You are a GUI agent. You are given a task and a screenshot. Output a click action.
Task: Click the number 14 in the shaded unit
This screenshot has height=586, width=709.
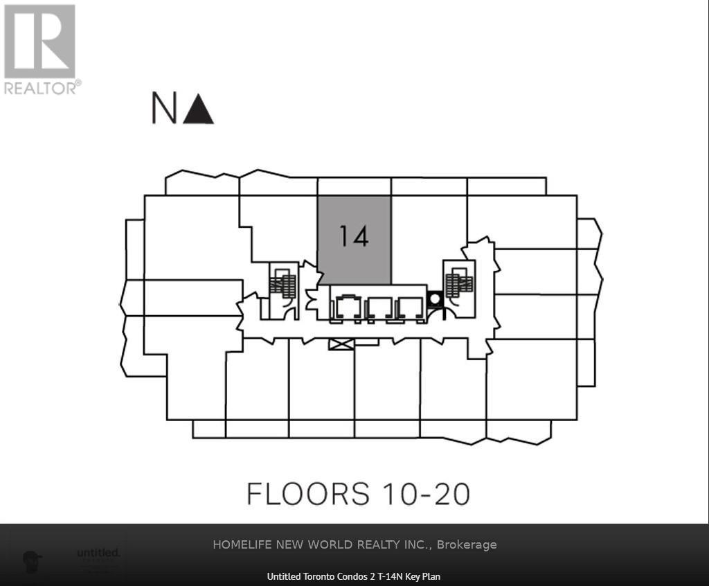[353, 237]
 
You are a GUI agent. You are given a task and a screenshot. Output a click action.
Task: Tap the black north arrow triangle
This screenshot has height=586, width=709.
[199, 110]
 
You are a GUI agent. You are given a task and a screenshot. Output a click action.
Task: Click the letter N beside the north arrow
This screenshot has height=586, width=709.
[163, 109]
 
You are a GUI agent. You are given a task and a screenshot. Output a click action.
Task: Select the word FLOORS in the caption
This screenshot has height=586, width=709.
[308, 495]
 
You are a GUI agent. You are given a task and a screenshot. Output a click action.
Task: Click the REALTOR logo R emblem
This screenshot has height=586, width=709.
[39, 41]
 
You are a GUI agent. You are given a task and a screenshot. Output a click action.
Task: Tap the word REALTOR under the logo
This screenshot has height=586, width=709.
[40, 88]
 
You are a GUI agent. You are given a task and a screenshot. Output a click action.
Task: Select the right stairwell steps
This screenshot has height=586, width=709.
[458, 283]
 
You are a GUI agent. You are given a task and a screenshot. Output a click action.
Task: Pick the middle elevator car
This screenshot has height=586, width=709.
[379, 307]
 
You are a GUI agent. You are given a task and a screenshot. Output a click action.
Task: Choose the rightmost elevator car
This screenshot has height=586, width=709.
[411, 307]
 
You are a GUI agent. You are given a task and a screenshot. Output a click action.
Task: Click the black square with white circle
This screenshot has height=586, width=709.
[435, 299]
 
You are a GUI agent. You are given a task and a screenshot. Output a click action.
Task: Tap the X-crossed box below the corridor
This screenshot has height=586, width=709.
[341, 344]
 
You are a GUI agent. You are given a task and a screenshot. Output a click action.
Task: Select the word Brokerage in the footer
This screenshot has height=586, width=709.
[467, 544]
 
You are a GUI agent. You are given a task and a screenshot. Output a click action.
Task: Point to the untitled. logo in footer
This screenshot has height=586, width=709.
[98, 553]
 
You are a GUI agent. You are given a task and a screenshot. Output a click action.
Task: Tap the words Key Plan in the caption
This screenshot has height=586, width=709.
[424, 576]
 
